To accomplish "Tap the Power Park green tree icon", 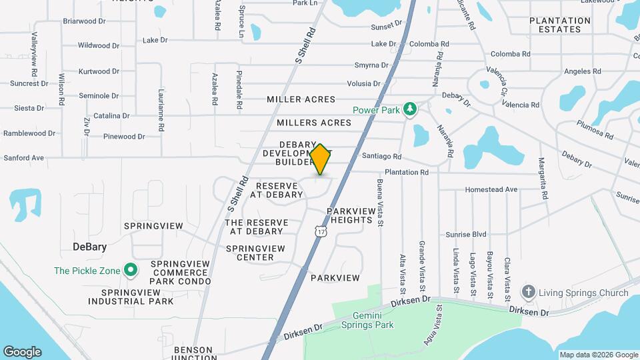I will pos(411,108).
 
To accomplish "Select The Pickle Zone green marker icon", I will pos(131,271).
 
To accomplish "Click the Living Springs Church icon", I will pos(529,292).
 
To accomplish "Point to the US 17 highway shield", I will pos(321,231).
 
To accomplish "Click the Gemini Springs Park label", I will pos(367,320).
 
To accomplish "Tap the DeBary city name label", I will pos(89,247).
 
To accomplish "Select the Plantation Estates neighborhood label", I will pos(560,25).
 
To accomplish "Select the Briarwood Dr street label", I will pos(85,21).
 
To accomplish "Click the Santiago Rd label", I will pos(382,157).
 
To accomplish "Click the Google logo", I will pos(22,352).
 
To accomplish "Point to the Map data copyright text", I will pos(598,355).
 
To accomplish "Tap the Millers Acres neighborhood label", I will pos(314,123).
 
